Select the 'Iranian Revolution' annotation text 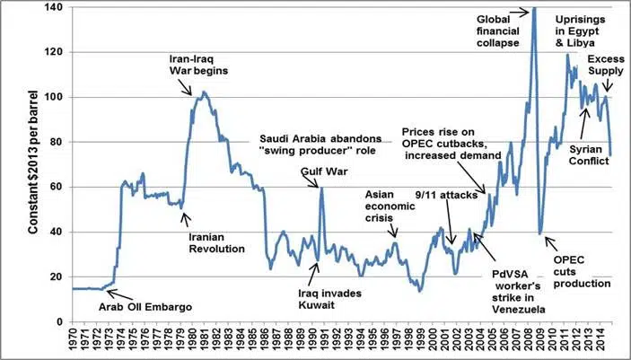coord(216,242)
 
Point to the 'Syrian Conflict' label coord(589,155)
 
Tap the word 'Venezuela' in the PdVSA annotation coord(512,310)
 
